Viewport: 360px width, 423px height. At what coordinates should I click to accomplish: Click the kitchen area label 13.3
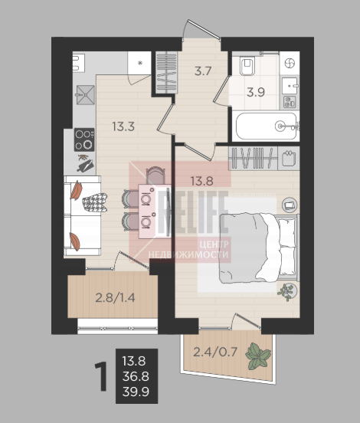(x=123, y=126)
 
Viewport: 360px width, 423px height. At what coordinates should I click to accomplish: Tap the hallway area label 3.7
(x=203, y=71)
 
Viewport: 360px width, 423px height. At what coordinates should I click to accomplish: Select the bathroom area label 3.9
(x=256, y=92)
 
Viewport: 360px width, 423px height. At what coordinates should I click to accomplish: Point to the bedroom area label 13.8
(x=202, y=181)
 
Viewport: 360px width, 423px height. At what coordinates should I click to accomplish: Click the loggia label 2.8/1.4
(x=115, y=298)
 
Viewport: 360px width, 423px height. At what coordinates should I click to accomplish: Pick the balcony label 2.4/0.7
(x=215, y=352)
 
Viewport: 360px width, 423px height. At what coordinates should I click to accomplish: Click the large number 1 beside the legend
(x=101, y=376)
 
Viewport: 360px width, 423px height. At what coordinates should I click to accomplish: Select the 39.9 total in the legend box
(x=136, y=392)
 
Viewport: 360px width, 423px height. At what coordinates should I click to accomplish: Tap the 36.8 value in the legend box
(x=136, y=376)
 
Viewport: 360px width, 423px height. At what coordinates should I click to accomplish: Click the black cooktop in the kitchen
(x=84, y=139)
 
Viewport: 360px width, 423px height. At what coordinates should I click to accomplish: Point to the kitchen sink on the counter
(x=86, y=95)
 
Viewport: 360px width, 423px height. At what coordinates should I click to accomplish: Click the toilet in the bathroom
(x=248, y=65)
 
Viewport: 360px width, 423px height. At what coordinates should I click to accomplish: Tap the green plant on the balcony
(x=258, y=356)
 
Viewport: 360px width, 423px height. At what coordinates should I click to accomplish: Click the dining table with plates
(x=155, y=211)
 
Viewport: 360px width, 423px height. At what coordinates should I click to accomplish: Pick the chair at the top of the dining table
(x=155, y=175)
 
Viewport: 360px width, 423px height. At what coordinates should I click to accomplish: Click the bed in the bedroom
(x=260, y=248)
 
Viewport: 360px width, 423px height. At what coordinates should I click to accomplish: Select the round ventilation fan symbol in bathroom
(x=290, y=64)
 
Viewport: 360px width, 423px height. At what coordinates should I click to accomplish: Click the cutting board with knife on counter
(x=86, y=164)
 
